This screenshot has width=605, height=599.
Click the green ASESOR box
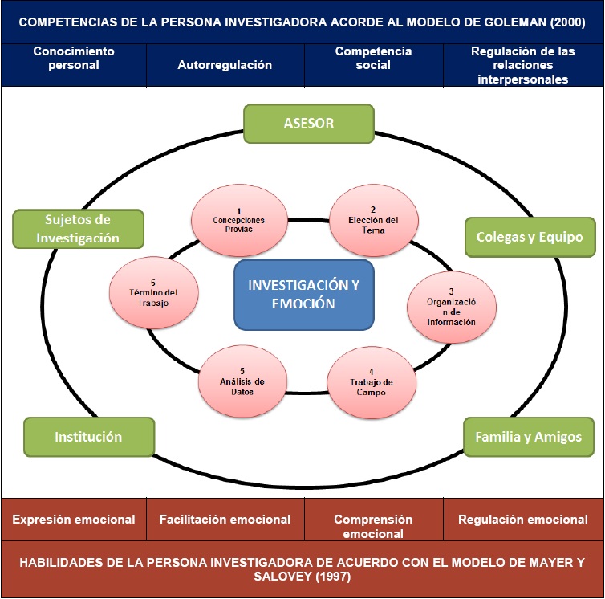pos(309,124)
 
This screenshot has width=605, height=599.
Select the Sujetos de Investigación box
pos(78,229)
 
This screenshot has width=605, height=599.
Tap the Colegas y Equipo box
pos(530,237)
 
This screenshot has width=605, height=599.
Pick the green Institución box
pos(88,437)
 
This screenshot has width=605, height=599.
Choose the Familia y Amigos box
pos(528,437)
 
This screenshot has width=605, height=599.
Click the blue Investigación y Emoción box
pos(303,294)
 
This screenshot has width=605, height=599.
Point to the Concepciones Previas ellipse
pos(239,218)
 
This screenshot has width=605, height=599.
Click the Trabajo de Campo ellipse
pos(371,381)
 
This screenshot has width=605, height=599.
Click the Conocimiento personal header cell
pos(74,59)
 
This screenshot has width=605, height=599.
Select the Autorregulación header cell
pos(225,65)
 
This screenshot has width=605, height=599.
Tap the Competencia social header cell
pos(373,59)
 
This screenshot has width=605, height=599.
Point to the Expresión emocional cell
pos(74,520)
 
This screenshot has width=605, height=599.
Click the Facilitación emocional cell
pos(225,520)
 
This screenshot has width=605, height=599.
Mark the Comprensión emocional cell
pos(373,526)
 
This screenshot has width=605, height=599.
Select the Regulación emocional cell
pos(523,520)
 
